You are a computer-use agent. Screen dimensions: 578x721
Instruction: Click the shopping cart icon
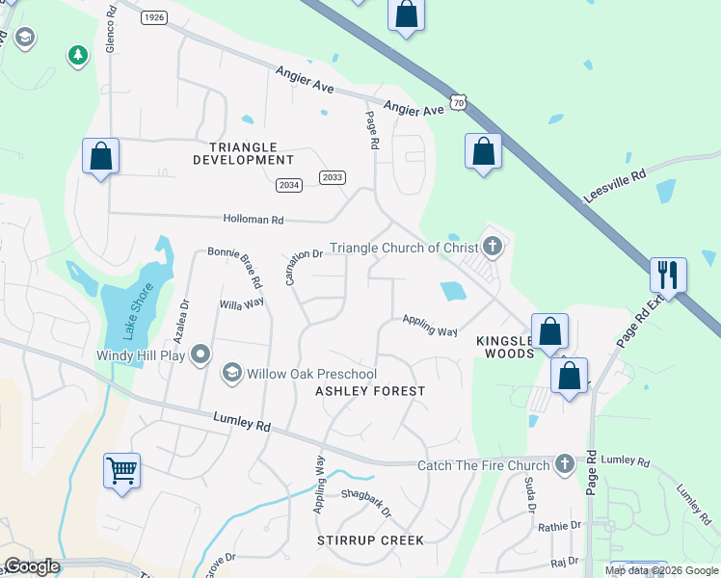pyautogui.click(x=121, y=471)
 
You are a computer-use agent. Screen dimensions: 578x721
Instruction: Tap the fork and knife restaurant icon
pyautogui.click(x=667, y=276)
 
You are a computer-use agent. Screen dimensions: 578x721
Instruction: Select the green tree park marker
pyautogui.click(x=77, y=56)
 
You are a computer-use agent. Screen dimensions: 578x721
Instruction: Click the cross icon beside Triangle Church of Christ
pyautogui.click(x=493, y=247)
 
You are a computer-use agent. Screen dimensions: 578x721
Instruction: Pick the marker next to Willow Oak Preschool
pyautogui.click(x=231, y=373)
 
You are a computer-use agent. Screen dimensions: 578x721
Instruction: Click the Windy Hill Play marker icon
pyautogui.click(x=200, y=355)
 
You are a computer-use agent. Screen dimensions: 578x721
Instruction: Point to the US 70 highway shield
pyautogui.click(x=459, y=101)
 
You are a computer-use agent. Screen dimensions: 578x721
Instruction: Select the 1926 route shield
pyautogui.click(x=153, y=17)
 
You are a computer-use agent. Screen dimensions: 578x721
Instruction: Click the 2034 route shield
pyautogui.click(x=287, y=185)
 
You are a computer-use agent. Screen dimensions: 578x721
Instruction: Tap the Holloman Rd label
pyautogui.click(x=254, y=220)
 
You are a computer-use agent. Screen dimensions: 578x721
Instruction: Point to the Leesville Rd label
pyautogui.click(x=614, y=187)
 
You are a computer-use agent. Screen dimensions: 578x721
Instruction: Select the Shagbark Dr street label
pyautogui.click(x=366, y=502)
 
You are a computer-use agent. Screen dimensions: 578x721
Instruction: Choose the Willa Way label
pyautogui.click(x=241, y=302)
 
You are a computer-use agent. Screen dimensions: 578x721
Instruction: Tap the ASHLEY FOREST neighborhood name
pyautogui.click(x=370, y=391)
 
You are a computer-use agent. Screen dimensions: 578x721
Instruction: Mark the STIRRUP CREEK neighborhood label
pyautogui.click(x=370, y=540)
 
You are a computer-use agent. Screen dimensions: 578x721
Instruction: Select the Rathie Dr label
pyautogui.click(x=560, y=526)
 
